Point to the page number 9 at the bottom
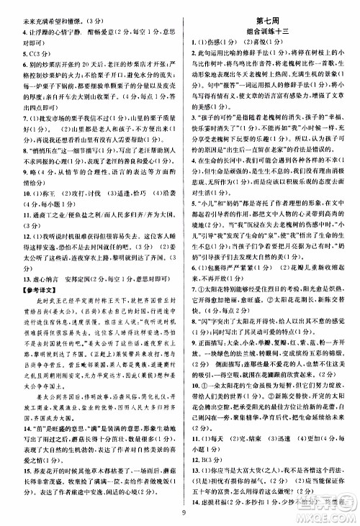(184, 512)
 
